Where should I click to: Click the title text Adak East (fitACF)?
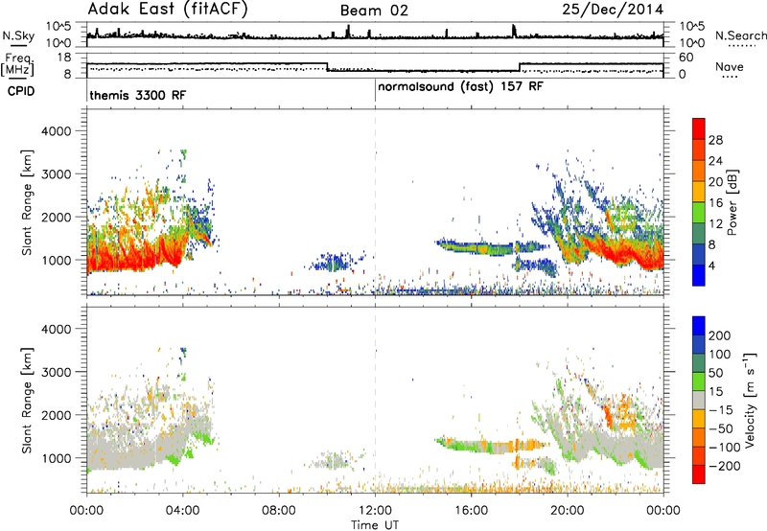pyautogui.click(x=168, y=9)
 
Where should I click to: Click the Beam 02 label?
pyautogui.click(x=374, y=11)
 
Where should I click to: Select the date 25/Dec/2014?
pyautogui.click(x=613, y=10)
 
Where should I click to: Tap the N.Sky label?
pyautogui.click(x=18, y=35)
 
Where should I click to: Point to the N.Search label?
pyautogui.click(x=740, y=35)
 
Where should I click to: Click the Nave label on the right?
pyautogui.click(x=730, y=66)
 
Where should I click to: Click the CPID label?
pyautogui.click(x=21, y=91)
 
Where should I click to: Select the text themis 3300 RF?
pyautogui.click(x=138, y=95)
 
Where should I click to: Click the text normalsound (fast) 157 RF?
pyautogui.click(x=460, y=87)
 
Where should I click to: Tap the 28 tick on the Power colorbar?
pyautogui.click(x=715, y=140)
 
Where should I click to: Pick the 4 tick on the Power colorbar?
pyautogui.click(x=712, y=265)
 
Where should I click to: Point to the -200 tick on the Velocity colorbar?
pyautogui.click(x=724, y=466)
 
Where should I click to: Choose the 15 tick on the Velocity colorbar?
pyautogui.click(x=716, y=392)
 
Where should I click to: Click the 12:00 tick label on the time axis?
pyautogui.click(x=375, y=511)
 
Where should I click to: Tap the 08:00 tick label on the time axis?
pyautogui.click(x=279, y=511)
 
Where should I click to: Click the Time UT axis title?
pyautogui.click(x=375, y=525)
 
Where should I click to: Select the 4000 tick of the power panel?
pyautogui.click(x=57, y=131)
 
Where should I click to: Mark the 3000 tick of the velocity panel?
pyautogui.click(x=57, y=372)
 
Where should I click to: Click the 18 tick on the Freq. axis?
pyautogui.click(x=64, y=58)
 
